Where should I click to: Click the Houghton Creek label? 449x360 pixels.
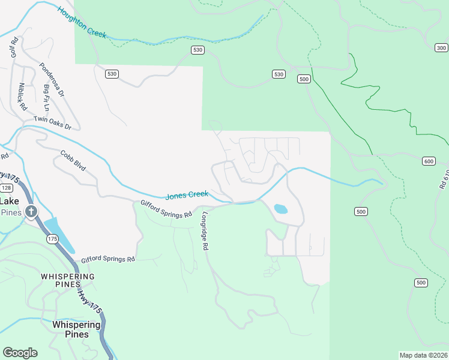82,23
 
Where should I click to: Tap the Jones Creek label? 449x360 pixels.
187,195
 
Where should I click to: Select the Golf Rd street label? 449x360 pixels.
14,47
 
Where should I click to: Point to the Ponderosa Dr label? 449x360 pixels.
52,80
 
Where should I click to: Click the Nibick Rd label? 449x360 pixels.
23,97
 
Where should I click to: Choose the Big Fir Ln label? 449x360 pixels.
47,98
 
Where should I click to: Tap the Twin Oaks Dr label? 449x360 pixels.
52,123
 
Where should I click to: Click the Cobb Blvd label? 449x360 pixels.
74,162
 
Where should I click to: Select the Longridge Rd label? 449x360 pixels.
205,230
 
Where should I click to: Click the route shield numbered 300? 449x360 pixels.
441,48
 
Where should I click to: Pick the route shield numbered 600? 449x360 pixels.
429,161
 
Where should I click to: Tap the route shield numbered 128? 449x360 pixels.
6,188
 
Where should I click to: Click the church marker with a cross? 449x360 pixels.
31,211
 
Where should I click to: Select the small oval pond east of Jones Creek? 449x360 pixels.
280,209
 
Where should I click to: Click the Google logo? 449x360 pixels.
20,353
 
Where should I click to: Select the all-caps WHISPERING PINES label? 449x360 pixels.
68,280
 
